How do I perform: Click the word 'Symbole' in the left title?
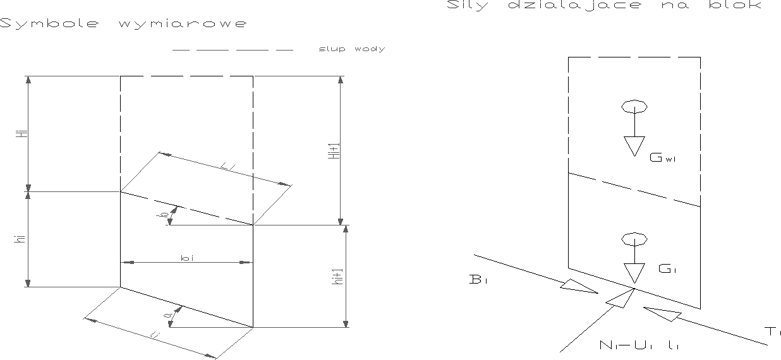click(x=50, y=25)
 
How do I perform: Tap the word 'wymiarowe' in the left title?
click(x=182, y=25)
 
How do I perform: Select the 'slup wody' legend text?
click(x=352, y=49)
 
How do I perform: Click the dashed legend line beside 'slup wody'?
click(x=233, y=49)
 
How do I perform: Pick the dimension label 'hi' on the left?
click(x=21, y=239)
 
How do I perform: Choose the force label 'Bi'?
click(x=478, y=280)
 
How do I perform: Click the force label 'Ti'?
click(x=773, y=332)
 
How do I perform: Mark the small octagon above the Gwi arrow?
click(x=634, y=106)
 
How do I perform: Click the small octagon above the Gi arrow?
click(x=634, y=239)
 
